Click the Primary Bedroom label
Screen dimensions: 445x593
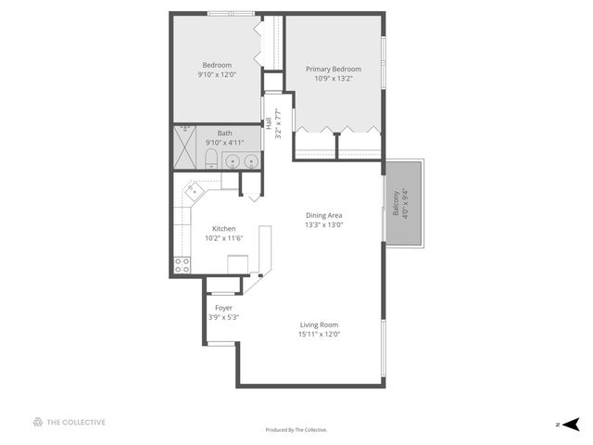coord(334,69)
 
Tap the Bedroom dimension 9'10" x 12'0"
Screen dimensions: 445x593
coord(217,75)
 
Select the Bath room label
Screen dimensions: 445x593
coord(225,133)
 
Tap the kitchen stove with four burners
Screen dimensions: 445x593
coord(182,265)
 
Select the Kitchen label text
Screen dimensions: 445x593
coord(223,229)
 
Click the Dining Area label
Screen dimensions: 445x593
coord(324,215)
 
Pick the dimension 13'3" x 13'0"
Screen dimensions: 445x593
coord(324,224)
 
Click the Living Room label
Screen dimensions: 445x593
coord(319,324)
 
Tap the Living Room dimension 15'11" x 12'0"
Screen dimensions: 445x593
coord(319,334)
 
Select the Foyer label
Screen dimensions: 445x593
coord(223,307)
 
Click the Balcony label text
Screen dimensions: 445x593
coord(396,204)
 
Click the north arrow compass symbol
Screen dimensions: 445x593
coord(571,424)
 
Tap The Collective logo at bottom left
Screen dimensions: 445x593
coord(69,422)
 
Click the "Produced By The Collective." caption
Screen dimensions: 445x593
coord(296,430)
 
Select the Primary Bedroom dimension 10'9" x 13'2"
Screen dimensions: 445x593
coord(334,78)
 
